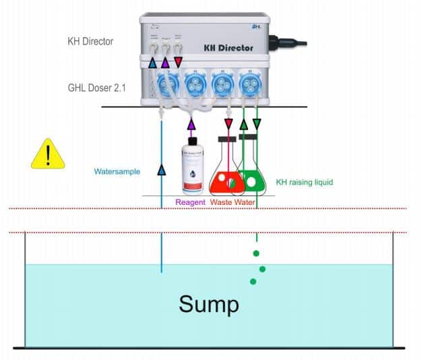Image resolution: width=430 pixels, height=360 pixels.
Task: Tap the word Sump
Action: tap(208, 304)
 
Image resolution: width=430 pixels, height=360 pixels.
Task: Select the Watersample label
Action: tap(117, 172)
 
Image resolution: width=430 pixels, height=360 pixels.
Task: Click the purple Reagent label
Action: tap(190, 202)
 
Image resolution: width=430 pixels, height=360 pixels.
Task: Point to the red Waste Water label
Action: tap(232, 202)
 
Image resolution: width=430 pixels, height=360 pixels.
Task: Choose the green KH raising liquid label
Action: tap(305, 182)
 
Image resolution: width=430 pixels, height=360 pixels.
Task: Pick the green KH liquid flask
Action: tap(251, 177)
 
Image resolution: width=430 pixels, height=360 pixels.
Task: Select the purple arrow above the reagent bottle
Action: tap(191, 124)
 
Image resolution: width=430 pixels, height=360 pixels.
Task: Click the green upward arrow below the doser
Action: tap(244, 124)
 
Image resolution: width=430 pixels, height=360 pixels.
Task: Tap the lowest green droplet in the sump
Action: tap(253, 281)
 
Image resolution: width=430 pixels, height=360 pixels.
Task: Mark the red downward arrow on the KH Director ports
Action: tap(179, 63)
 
